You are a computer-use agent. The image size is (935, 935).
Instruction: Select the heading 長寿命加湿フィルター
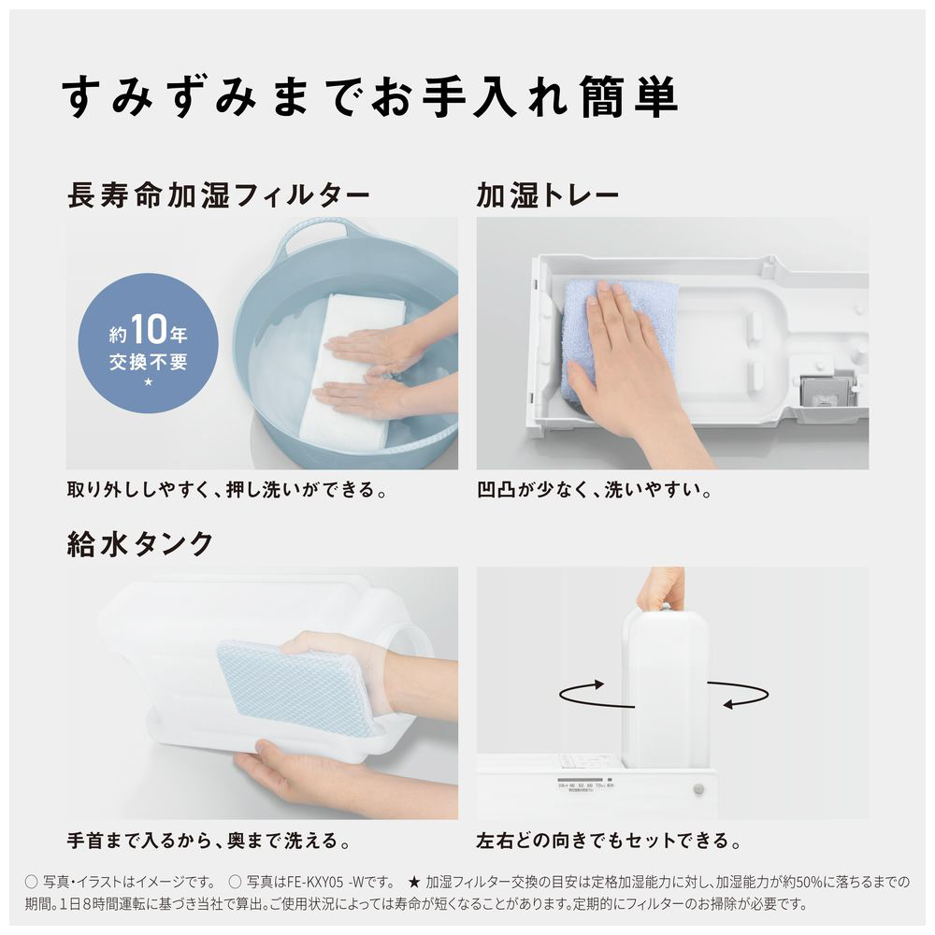[219, 195]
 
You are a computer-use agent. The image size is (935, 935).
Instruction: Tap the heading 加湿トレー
[548, 195]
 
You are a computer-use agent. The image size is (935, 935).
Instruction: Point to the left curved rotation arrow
[595, 695]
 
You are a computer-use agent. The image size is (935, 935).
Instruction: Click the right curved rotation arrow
[739, 695]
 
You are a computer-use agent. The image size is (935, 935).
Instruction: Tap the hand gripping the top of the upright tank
[661, 587]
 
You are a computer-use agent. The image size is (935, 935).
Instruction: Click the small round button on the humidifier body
[698, 790]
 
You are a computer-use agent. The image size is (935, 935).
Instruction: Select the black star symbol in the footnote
[414, 882]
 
